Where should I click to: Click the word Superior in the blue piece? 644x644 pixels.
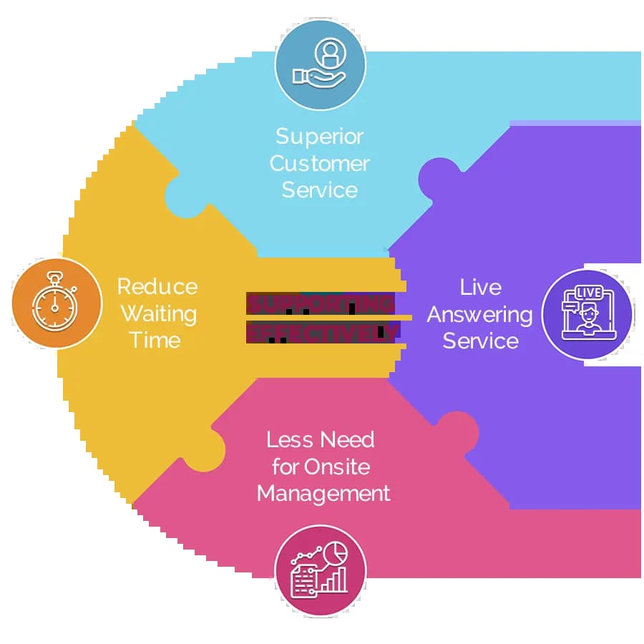[319, 137]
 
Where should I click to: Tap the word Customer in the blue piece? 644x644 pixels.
[319, 163]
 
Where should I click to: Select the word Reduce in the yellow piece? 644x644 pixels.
[157, 287]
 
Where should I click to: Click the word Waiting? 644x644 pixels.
[157, 313]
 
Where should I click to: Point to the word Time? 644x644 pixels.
[156, 340]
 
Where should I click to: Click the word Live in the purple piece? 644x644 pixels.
[480, 288]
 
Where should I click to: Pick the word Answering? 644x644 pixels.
[480, 315]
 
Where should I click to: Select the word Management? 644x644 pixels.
[323, 494]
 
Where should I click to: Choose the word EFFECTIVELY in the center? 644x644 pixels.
[322, 332]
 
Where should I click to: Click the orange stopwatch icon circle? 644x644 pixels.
[57, 304]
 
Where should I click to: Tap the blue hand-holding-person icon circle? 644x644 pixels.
[320, 64]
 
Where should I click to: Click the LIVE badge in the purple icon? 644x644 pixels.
[588, 293]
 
